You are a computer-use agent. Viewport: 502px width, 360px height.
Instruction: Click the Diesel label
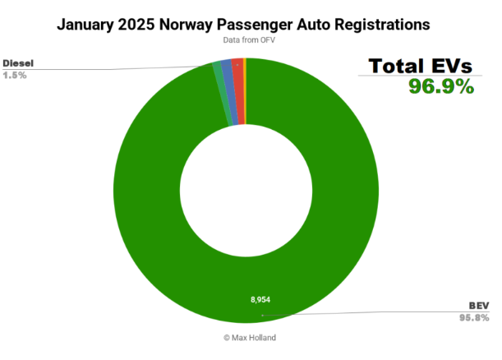[x=19, y=62]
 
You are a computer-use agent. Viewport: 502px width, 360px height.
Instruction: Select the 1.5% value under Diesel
[x=16, y=75]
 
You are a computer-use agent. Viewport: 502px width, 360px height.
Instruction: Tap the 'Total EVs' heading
[x=421, y=66]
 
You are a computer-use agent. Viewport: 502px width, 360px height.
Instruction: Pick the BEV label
[x=480, y=305]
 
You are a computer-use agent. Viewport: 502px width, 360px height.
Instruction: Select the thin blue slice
[x=227, y=69]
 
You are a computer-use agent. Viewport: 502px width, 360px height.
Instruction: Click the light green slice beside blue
[x=219, y=72]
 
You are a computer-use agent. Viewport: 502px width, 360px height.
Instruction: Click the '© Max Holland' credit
[x=251, y=336]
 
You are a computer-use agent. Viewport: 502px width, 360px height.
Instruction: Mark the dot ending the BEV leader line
[x=262, y=315]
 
